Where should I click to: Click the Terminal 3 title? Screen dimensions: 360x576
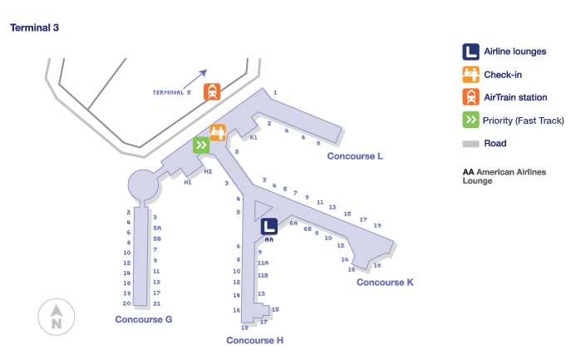[x=34, y=27]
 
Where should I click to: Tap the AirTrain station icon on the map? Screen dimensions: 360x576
[x=212, y=91]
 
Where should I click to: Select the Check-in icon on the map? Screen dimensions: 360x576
[x=218, y=132]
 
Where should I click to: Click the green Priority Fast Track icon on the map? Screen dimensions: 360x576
[x=201, y=145]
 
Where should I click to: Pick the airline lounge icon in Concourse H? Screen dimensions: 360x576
[x=269, y=227]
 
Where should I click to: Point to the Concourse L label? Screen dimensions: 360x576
[x=355, y=155]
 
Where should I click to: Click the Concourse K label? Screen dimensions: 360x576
[x=385, y=283]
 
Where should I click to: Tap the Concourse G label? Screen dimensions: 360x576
[x=143, y=319]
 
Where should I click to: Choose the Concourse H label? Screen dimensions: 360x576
[x=255, y=340]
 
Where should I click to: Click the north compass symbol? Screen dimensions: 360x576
[x=57, y=317]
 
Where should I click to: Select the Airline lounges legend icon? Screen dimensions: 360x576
[x=470, y=52]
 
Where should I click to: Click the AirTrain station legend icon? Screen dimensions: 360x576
[x=470, y=97]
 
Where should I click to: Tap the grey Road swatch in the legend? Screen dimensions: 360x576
[x=470, y=144]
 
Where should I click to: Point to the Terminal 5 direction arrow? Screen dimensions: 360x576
[x=199, y=76]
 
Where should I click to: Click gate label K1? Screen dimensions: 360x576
[x=254, y=138]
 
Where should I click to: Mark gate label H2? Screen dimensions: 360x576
[x=208, y=171]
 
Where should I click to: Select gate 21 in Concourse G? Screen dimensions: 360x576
[x=156, y=303]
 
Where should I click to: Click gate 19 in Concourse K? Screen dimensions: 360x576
[x=377, y=225]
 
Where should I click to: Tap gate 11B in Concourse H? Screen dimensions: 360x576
[x=263, y=275]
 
